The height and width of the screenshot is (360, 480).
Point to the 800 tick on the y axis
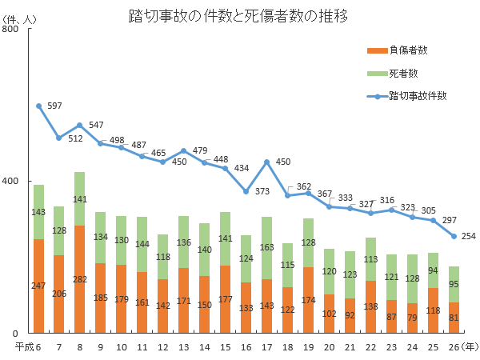point(11,30)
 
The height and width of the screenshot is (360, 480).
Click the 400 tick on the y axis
point(11,181)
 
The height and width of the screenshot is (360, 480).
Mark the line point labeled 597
point(38,106)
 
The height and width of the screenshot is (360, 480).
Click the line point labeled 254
point(454,236)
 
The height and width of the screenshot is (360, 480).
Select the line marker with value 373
point(246,191)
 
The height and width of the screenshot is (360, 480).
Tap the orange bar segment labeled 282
point(79,279)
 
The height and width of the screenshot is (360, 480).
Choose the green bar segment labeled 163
point(266,248)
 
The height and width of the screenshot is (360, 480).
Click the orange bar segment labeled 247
point(38,286)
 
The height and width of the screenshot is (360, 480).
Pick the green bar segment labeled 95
point(454,284)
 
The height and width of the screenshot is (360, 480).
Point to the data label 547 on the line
point(96,125)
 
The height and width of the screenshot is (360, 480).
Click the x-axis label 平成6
point(30,346)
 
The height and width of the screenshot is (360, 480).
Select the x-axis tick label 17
point(266,346)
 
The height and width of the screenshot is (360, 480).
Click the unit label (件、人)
point(20,18)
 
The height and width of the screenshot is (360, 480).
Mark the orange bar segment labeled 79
point(412,318)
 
